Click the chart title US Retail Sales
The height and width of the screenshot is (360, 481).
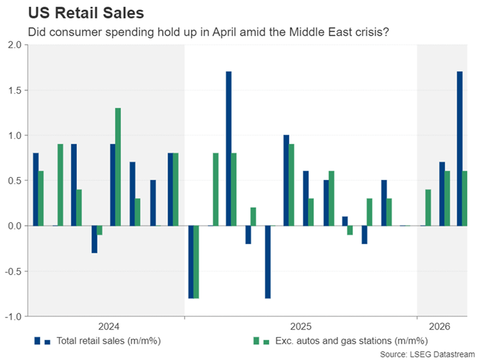click(x=86, y=13)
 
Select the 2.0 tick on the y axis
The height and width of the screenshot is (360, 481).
click(x=15, y=45)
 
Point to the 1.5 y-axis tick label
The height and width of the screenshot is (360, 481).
click(x=15, y=90)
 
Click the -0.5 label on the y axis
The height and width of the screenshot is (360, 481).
click(x=13, y=271)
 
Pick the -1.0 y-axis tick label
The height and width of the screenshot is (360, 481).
click(x=13, y=317)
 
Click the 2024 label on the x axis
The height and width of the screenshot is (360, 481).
click(x=109, y=326)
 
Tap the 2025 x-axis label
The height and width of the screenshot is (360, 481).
click(x=301, y=326)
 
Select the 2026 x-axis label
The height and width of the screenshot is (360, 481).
click(x=439, y=326)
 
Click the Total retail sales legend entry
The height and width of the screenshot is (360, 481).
click(x=97, y=341)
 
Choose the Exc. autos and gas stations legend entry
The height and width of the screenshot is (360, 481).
click(x=341, y=341)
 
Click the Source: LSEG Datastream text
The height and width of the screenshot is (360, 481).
click(x=427, y=354)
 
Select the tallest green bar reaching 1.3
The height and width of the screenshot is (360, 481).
click(x=118, y=167)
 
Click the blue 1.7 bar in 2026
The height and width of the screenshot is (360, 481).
click(x=459, y=149)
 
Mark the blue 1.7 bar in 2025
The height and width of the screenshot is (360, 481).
click(x=228, y=149)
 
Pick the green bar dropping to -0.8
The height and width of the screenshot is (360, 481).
click(x=196, y=262)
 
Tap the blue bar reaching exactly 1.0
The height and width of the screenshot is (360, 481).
click(x=286, y=180)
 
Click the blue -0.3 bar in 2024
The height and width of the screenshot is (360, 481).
click(x=94, y=239)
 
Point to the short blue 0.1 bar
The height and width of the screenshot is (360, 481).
click(x=345, y=221)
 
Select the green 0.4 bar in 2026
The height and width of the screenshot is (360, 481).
click(x=428, y=208)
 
